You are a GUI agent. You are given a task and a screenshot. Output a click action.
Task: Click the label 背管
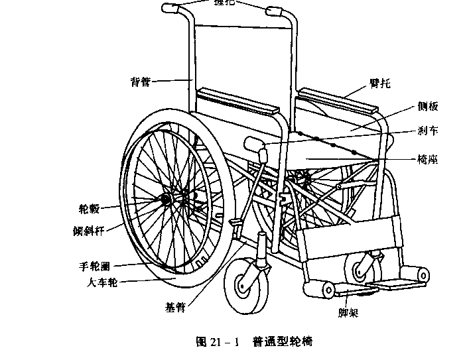141,82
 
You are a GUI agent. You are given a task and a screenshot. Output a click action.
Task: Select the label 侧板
427,107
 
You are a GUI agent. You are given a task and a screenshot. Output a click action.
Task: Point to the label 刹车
427,131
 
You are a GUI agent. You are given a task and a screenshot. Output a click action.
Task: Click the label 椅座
427,160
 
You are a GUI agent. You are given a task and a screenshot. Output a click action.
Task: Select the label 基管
175,308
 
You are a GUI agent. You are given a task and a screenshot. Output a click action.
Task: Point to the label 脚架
348,312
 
